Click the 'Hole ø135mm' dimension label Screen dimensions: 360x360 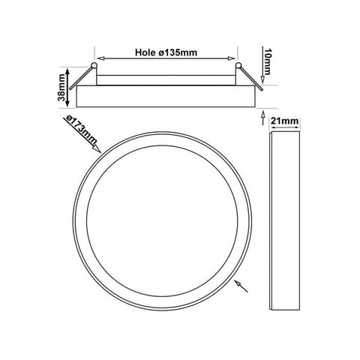(x=166, y=52)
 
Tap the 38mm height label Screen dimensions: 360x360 (x=61, y=88)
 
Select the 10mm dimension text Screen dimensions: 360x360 (x=267, y=61)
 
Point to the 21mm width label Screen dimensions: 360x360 (x=285, y=121)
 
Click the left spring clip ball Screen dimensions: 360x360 (x=94, y=65)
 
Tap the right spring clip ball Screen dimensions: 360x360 (x=238, y=65)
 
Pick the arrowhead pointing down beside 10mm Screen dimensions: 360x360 (x=262, y=80)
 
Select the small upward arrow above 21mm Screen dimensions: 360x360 (x=262, y=118)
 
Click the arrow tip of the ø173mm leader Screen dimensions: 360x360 (x=100, y=152)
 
